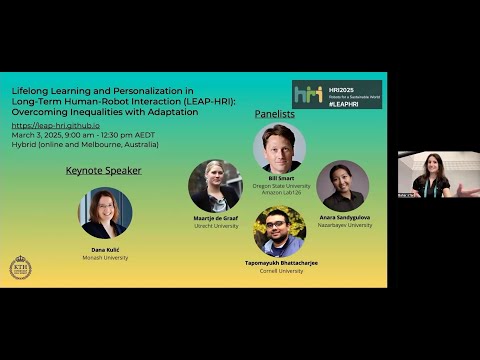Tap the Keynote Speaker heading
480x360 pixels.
click(103, 170)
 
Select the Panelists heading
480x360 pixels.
click(275, 115)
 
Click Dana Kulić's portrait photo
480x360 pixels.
click(105, 213)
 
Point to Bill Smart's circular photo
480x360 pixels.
click(279, 148)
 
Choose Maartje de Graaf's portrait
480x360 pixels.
click(215, 185)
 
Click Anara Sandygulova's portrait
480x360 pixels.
click(343, 186)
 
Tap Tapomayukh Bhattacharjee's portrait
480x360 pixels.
click(279, 230)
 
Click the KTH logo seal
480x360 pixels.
click(20, 267)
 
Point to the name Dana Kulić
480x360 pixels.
click(105, 249)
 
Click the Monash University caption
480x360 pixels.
click(105, 258)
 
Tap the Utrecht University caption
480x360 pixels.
click(216, 226)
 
